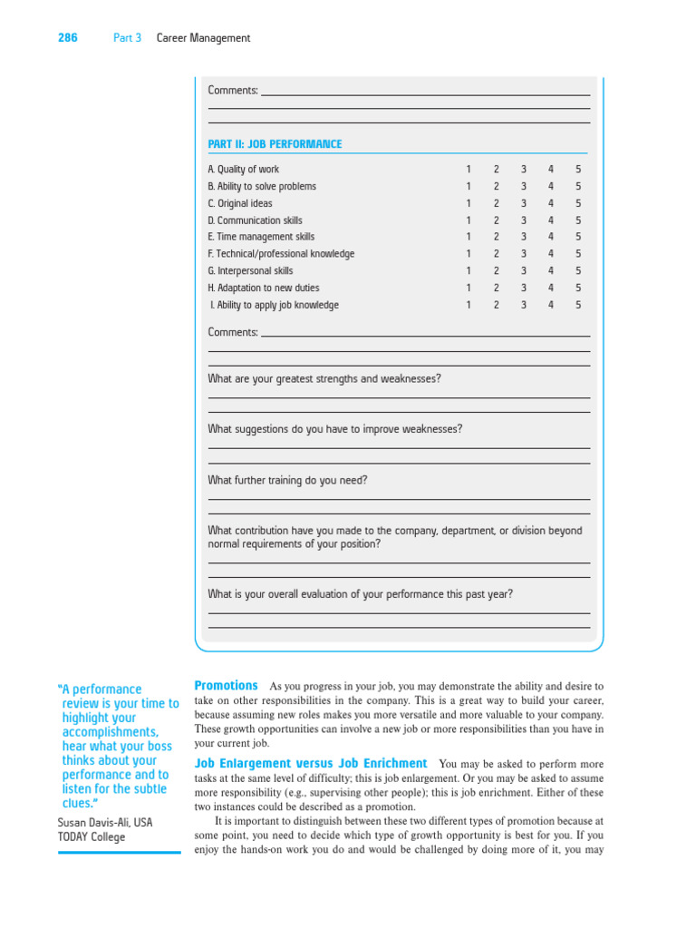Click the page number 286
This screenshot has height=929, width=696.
tap(68, 38)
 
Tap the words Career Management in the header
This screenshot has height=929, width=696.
tap(203, 38)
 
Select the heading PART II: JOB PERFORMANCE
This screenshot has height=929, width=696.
tap(275, 144)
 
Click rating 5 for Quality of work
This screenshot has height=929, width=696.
tap(578, 170)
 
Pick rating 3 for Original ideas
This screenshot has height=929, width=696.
tap(524, 203)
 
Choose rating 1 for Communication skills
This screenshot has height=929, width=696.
tap(469, 220)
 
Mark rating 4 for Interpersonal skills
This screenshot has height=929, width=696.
tap(551, 270)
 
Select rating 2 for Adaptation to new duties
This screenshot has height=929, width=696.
tap(497, 288)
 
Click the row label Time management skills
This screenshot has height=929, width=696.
tap(261, 237)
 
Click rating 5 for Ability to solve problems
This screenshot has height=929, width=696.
tap(578, 187)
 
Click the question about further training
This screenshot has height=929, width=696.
tap(287, 481)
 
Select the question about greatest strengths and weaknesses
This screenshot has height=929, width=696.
tap(324, 378)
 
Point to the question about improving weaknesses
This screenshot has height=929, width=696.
tap(334, 429)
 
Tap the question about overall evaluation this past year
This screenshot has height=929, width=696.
tap(360, 594)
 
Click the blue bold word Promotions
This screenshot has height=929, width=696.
tap(227, 686)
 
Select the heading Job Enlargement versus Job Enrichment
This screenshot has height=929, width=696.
tap(311, 764)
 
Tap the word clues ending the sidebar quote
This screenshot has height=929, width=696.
tap(80, 803)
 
